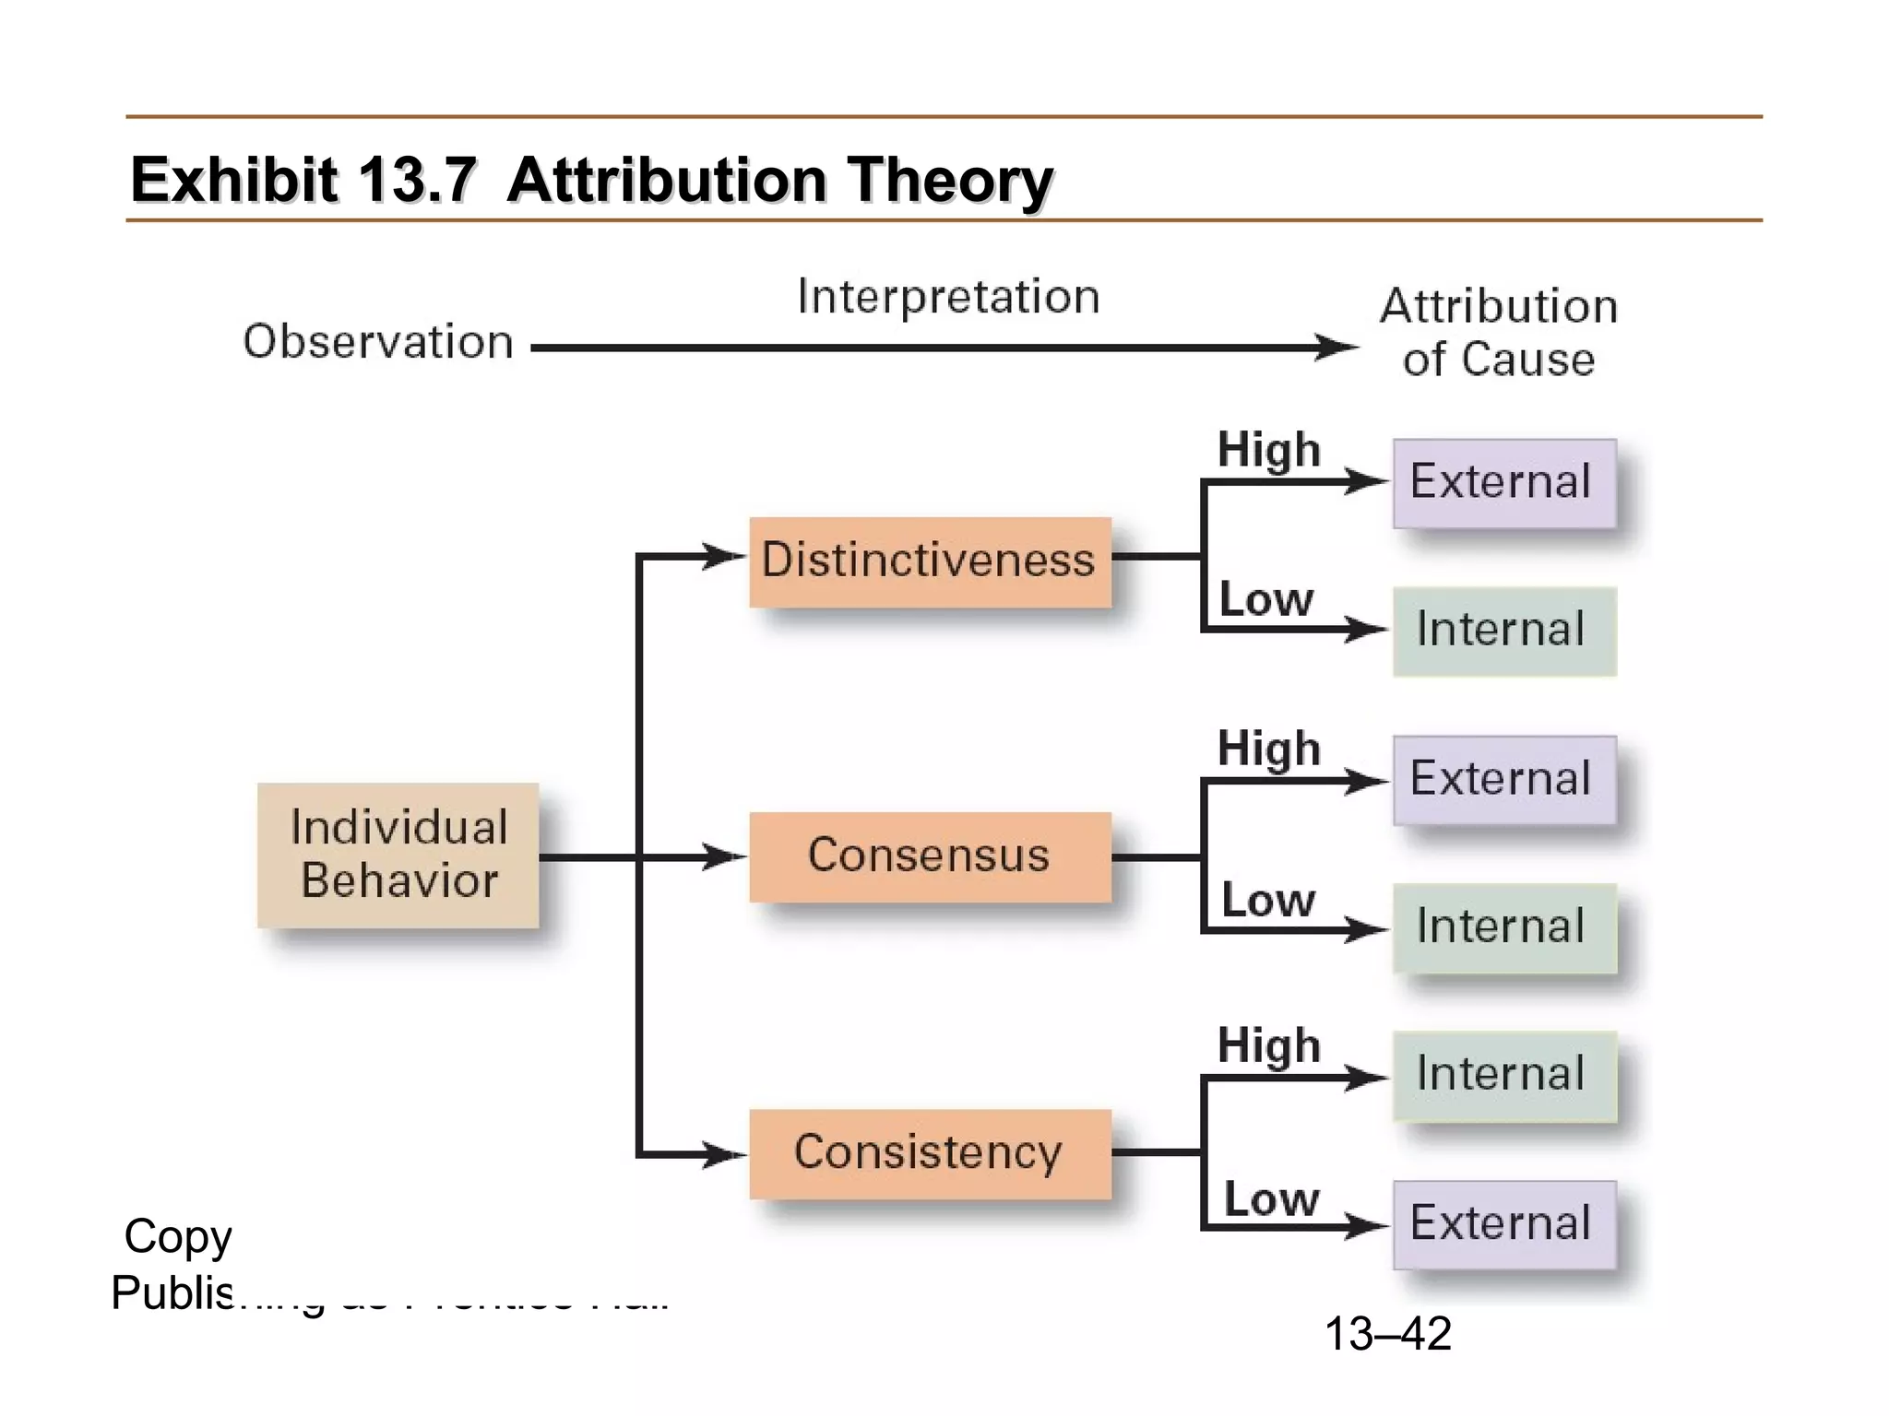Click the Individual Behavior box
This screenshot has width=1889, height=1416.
(398, 855)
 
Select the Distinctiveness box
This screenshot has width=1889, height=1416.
(930, 561)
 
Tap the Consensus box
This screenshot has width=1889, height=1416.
(930, 856)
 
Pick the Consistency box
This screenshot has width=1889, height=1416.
(930, 1153)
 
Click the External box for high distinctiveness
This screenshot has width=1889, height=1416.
(1503, 483)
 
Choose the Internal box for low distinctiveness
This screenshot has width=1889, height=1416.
(1503, 631)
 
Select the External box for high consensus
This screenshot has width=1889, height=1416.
(1503, 780)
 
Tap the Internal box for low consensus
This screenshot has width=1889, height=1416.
(1503, 927)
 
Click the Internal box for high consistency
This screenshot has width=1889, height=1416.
(1503, 1075)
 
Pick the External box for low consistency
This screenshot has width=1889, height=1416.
(1503, 1224)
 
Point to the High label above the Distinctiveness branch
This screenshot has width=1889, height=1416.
(1269, 451)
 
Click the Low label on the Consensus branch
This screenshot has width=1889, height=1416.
(1268, 901)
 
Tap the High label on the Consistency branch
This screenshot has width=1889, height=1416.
(1269, 1046)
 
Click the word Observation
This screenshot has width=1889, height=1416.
(378, 342)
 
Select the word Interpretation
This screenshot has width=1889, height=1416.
(948, 297)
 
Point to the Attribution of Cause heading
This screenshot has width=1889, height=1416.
(1499, 332)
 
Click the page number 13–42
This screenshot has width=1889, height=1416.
(1387, 1333)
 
